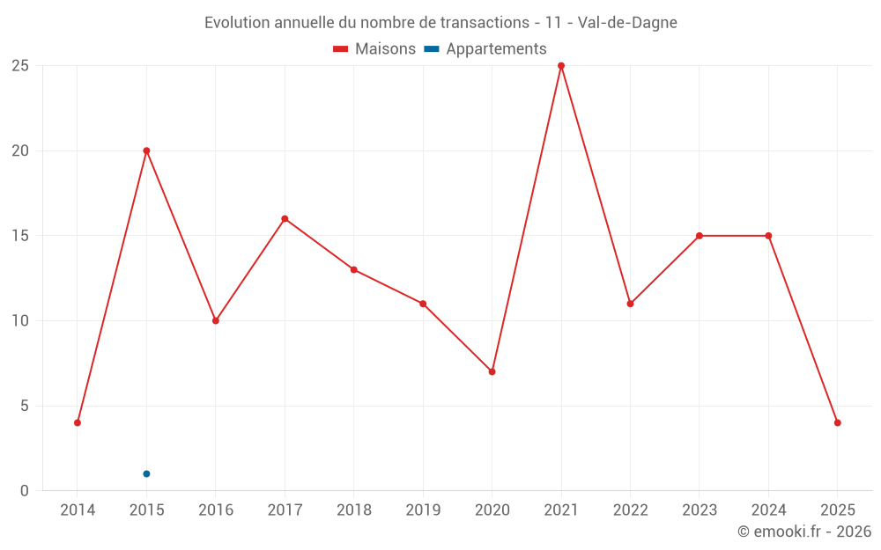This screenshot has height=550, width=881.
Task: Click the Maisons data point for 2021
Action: tap(561, 66)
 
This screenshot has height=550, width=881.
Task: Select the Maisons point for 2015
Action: tap(146, 150)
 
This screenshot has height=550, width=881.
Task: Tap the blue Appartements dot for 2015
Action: tap(146, 474)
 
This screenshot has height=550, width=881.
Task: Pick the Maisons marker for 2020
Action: tap(492, 371)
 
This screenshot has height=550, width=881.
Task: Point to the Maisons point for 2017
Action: tap(285, 218)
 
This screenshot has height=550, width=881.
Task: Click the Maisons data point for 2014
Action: tap(78, 422)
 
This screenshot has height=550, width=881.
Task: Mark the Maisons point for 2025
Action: tap(837, 422)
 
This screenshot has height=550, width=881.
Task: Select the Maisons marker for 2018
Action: tap(353, 269)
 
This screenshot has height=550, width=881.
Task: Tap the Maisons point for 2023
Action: tap(699, 236)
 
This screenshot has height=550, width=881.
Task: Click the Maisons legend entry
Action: tap(374, 49)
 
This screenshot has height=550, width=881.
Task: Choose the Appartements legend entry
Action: tap(485, 49)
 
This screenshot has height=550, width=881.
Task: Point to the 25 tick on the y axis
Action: tap(20, 66)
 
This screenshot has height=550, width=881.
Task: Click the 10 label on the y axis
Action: tap(20, 320)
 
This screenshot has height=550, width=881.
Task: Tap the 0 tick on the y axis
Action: tap(25, 491)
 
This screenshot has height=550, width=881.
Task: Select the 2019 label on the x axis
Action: tap(423, 510)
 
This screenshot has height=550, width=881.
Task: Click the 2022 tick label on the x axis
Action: tap(630, 510)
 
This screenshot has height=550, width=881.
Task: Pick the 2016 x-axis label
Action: tap(216, 510)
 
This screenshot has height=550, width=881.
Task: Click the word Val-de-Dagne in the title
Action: tap(627, 23)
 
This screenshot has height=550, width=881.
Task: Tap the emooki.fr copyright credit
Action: tap(804, 532)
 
